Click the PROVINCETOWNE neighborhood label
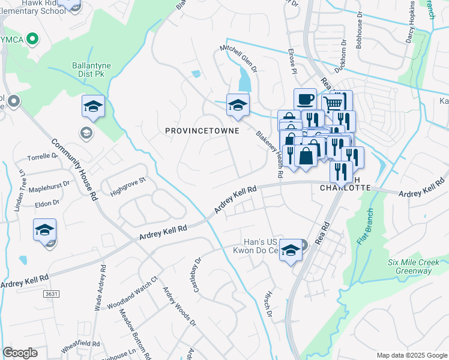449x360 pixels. tap(202, 130)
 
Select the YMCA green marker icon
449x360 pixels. tap(32, 40)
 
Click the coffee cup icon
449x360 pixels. tap(304, 99)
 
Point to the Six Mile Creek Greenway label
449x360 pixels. tap(418, 266)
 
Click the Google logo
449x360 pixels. tap(20, 353)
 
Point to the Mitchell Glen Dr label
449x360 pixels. tap(238, 58)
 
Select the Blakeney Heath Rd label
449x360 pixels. tap(270, 154)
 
